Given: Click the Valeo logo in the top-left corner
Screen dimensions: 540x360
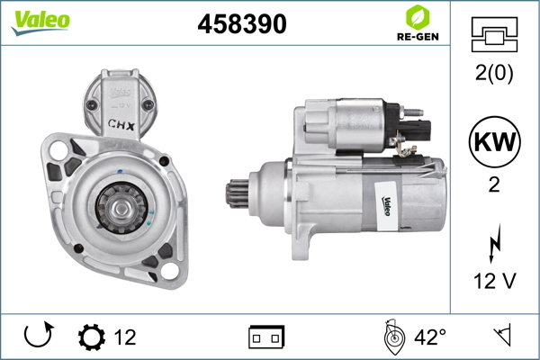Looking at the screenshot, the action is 40,22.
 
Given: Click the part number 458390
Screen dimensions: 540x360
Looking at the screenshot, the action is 242,23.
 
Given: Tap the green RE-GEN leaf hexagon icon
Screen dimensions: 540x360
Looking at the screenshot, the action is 418,17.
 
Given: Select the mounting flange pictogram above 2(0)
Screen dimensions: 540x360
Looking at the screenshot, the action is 494,34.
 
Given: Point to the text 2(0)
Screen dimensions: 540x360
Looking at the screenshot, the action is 494,73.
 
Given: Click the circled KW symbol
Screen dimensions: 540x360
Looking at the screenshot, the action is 494,141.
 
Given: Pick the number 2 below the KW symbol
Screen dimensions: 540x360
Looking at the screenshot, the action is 494,184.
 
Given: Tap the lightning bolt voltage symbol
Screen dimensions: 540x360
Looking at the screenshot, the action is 494,243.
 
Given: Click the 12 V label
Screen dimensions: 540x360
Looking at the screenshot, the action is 494,281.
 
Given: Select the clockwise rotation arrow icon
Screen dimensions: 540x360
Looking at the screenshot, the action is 39,335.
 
